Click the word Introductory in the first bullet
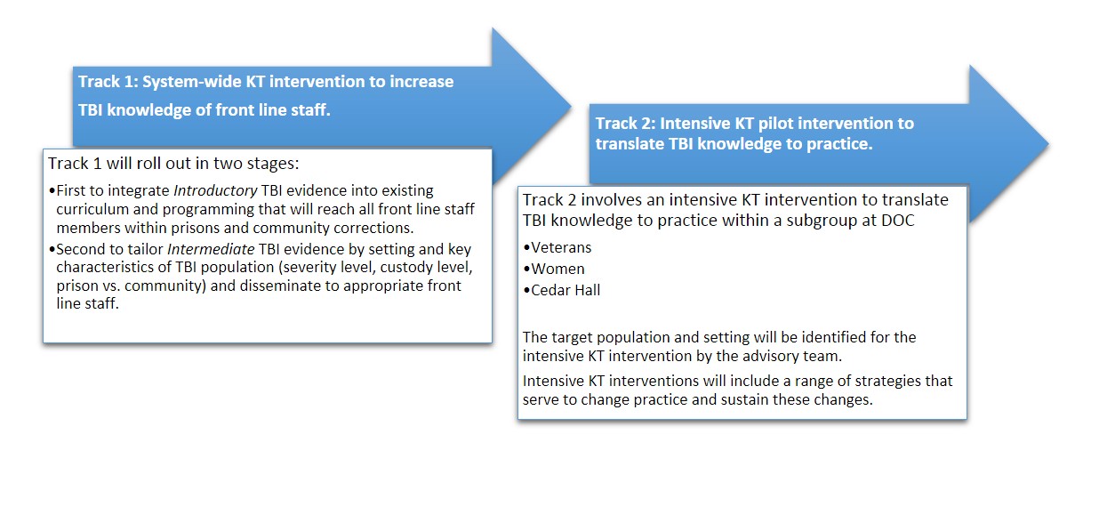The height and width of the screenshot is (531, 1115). point(215,191)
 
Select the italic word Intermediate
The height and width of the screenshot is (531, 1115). point(211,249)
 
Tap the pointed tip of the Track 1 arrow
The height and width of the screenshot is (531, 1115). point(571,106)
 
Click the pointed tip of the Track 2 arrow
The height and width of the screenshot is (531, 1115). point(1049,144)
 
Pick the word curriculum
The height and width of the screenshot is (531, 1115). point(92,209)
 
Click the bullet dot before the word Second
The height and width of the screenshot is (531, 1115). point(52,249)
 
